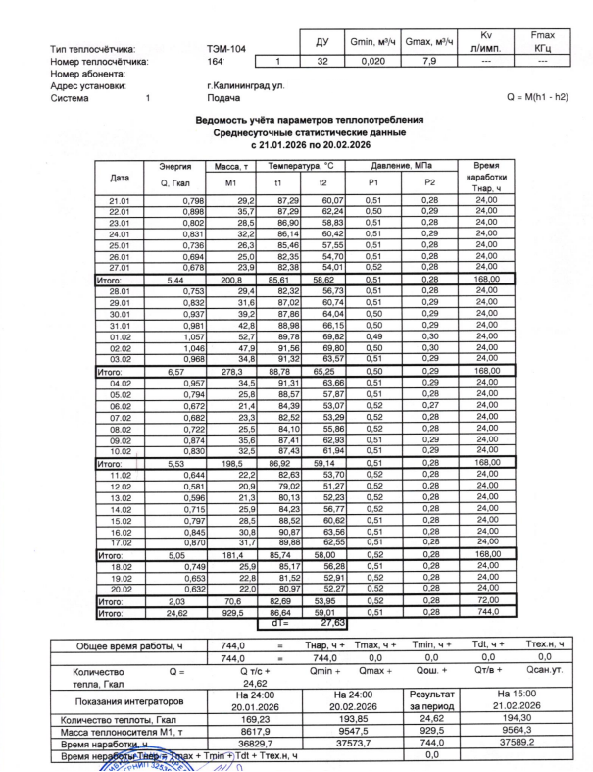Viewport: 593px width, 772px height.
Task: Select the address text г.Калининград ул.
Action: (x=238, y=85)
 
